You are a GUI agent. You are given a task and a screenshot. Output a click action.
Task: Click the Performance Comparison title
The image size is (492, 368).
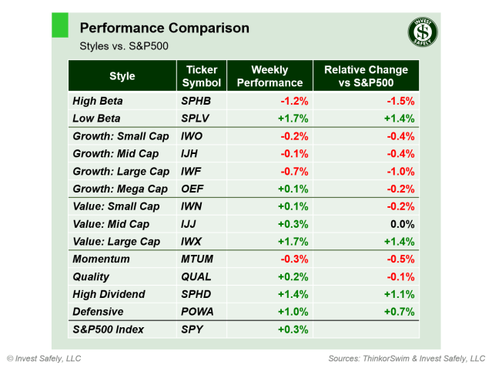(x=164, y=28)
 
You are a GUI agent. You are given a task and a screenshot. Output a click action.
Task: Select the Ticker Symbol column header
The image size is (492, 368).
(x=202, y=76)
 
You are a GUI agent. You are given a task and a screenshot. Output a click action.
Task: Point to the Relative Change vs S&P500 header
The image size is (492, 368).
(x=366, y=76)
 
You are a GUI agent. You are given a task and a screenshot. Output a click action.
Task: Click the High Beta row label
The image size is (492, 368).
(x=97, y=101)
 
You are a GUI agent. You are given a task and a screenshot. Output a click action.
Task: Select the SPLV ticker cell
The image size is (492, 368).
(x=196, y=119)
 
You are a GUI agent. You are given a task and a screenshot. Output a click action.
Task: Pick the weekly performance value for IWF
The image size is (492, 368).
(x=292, y=172)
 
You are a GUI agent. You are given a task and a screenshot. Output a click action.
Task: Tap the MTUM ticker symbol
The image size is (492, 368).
(x=198, y=259)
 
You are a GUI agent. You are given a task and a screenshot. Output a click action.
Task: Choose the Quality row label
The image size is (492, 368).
(x=91, y=277)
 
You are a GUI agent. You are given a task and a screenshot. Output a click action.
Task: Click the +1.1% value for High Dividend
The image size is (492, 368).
(x=399, y=295)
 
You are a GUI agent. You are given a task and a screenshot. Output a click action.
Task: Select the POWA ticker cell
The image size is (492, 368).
(x=198, y=312)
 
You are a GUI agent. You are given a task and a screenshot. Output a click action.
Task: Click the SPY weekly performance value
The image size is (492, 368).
(x=292, y=330)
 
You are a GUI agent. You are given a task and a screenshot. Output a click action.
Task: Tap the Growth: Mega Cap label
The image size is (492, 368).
(x=119, y=189)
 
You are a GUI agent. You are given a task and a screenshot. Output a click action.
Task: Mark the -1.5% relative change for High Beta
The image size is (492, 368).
(x=400, y=101)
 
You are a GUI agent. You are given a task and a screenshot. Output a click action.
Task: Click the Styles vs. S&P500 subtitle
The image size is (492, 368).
(x=124, y=46)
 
